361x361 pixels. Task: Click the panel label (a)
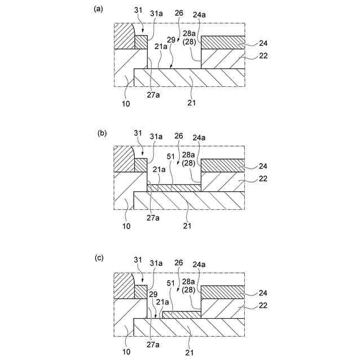pos(98,9)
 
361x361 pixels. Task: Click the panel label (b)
pos(102,134)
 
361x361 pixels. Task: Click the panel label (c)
pos(99,258)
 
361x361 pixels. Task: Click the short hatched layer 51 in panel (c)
pos(182,314)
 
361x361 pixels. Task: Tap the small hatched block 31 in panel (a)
pos(141,42)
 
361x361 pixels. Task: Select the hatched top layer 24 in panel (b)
pos(222,164)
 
